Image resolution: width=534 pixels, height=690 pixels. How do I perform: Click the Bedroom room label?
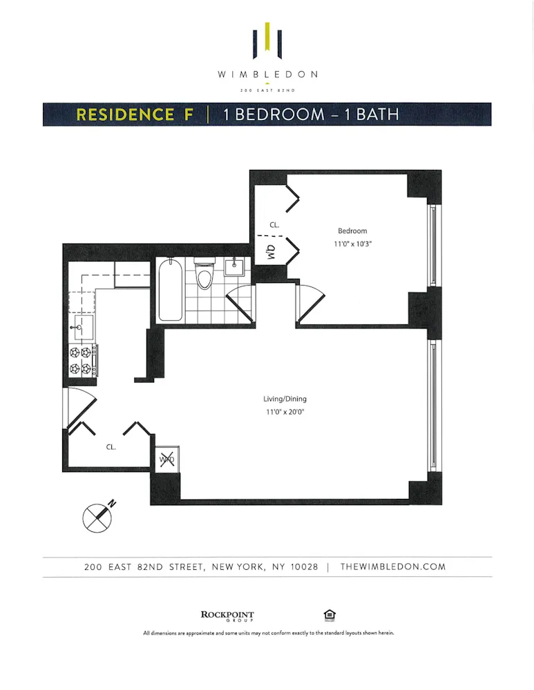click(x=352, y=231)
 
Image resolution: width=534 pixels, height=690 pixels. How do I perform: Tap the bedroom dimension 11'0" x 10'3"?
click(x=352, y=244)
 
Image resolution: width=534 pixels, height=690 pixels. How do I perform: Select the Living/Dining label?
click(x=285, y=399)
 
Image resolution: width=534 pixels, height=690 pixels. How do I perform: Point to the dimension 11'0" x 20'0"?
click(x=285, y=412)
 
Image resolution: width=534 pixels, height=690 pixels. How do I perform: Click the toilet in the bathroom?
click(x=204, y=275)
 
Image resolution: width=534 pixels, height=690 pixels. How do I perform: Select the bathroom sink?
click(x=236, y=266)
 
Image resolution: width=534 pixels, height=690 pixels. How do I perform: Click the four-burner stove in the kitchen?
click(x=82, y=360)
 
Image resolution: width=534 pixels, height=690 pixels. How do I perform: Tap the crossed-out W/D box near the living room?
click(x=166, y=460)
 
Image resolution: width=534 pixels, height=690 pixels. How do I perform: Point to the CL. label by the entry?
click(x=111, y=447)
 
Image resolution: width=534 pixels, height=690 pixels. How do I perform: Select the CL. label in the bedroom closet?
click(x=274, y=224)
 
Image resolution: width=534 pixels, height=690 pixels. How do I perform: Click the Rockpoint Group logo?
click(x=227, y=615)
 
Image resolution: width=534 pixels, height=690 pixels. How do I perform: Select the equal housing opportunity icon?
click(x=329, y=615)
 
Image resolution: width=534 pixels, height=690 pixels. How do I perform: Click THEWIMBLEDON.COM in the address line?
click(x=393, y=567)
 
